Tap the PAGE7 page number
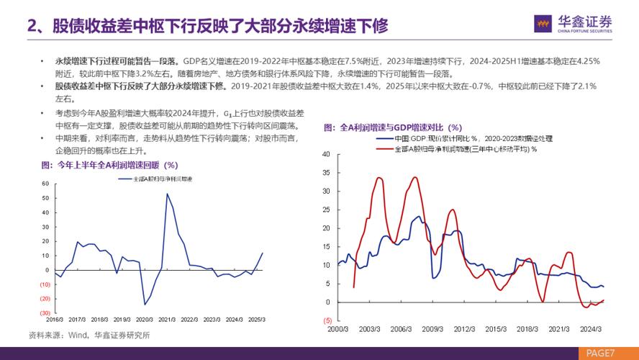(x=600, y=353)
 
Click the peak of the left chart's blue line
(x=167, y=194)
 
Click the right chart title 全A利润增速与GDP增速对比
(x=392, y=127)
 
